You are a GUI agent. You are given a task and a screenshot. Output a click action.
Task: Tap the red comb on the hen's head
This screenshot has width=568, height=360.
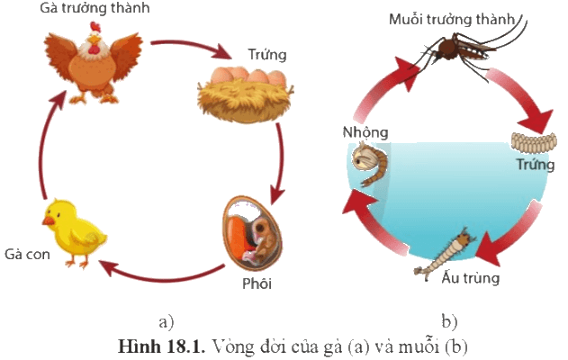(95, 27)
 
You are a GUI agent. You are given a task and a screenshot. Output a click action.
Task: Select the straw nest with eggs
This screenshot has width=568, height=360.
(245, 94)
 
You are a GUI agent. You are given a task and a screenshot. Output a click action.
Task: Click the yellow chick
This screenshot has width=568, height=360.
(74, 233)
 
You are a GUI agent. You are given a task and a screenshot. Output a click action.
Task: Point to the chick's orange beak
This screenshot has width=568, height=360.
(49, 220)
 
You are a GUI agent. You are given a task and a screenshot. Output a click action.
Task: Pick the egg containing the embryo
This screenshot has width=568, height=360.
(252, 233)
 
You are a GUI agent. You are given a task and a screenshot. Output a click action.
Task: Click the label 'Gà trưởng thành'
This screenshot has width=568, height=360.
(95, 8)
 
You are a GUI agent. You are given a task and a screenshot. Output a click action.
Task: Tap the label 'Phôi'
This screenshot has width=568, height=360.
(257, 283)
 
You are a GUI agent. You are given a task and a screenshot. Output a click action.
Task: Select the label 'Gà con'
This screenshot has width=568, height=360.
(27, 254)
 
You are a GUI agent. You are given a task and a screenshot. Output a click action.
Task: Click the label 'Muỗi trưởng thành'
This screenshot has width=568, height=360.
(452, 20)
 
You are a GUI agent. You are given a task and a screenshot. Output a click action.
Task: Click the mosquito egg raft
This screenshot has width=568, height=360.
(534, 143)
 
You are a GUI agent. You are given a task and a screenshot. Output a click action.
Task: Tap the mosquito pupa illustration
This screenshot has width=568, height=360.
(370, 164)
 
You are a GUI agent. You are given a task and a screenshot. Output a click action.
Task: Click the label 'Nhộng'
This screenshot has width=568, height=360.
(365, 132)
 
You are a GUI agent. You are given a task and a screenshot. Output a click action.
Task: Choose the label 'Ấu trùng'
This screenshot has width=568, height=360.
(471, 277)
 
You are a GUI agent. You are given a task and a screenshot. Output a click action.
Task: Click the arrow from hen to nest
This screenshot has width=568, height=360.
(191, 48)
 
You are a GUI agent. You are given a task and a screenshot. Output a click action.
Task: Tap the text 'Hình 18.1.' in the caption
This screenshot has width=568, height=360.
(161, 346)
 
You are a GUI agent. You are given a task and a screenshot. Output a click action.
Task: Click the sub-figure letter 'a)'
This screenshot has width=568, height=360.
(167, 321)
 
